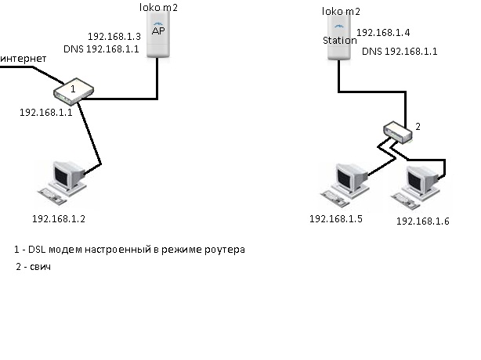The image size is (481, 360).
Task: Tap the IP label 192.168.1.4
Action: click(x=383, y=33)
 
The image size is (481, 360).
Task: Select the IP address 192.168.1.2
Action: click(x=57, y=219)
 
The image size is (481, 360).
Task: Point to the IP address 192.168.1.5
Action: click(x=336, y=218)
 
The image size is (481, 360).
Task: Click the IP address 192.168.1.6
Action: click(x=422, y=221)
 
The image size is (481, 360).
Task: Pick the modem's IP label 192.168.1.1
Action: click(x=45, y=113)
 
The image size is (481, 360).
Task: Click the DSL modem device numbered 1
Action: click(x=72, y=91)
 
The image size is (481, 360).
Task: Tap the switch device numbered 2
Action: click(x=399, y=131)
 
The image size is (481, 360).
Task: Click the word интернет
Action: click(x=24, y=59)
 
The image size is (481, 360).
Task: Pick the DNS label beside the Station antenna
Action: click(x=400, y=51)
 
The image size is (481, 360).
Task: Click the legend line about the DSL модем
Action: click(x=130, y=250)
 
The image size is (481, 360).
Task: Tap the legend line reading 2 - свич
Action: click(x=38, y=268)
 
